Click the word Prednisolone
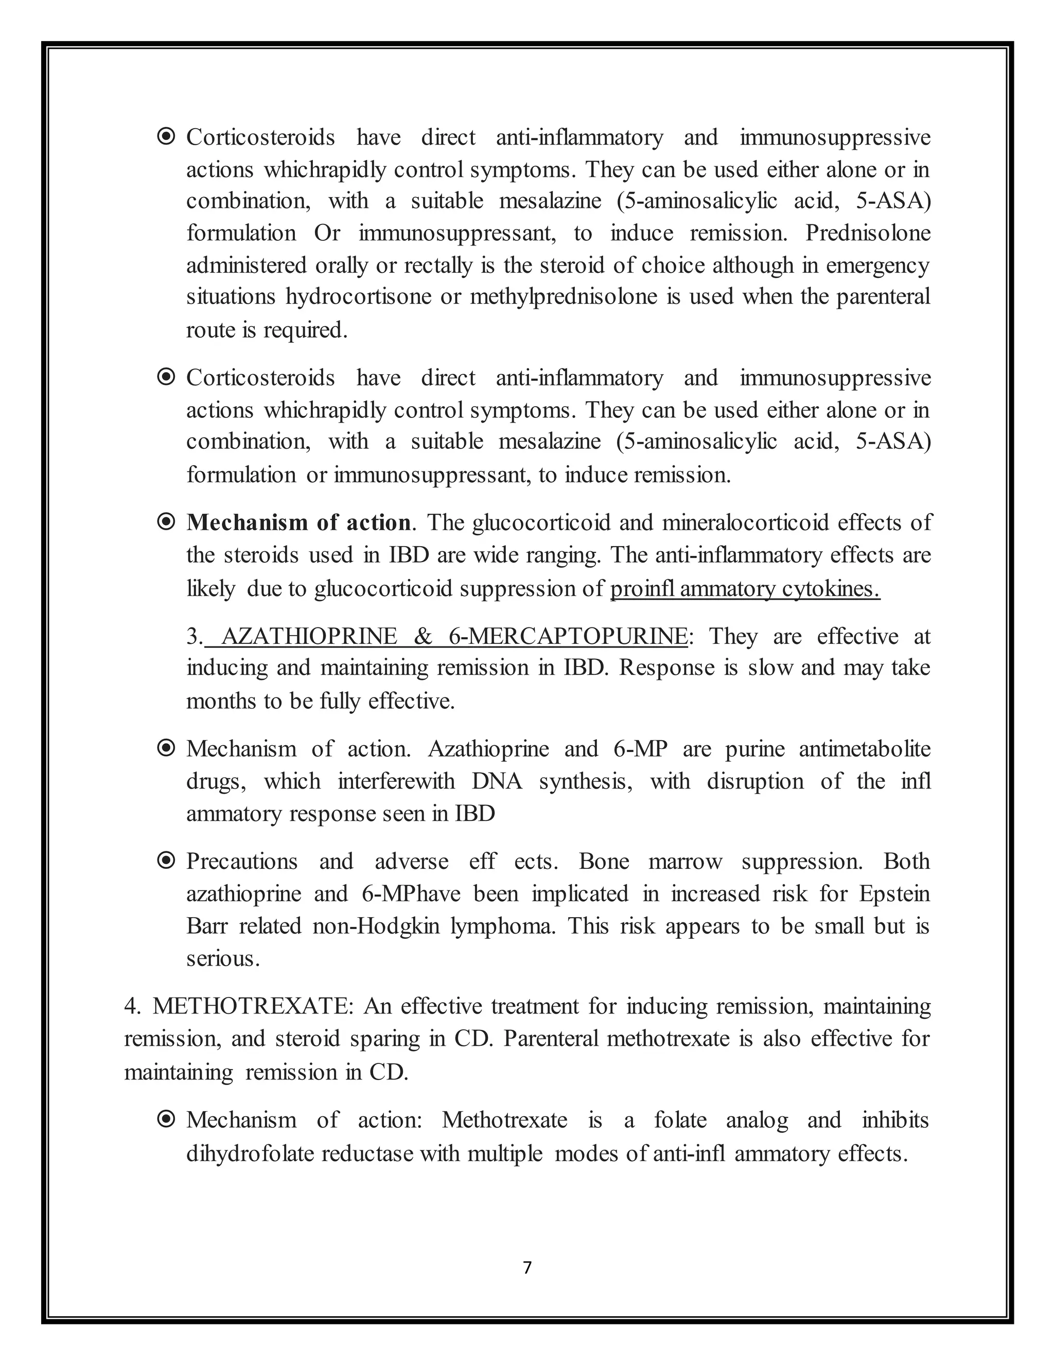coord(867,233)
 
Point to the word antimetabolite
coord(864,748)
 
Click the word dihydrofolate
coord(250,1153)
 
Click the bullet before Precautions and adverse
coord(166,861)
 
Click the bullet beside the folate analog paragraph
coord(166,1120)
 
